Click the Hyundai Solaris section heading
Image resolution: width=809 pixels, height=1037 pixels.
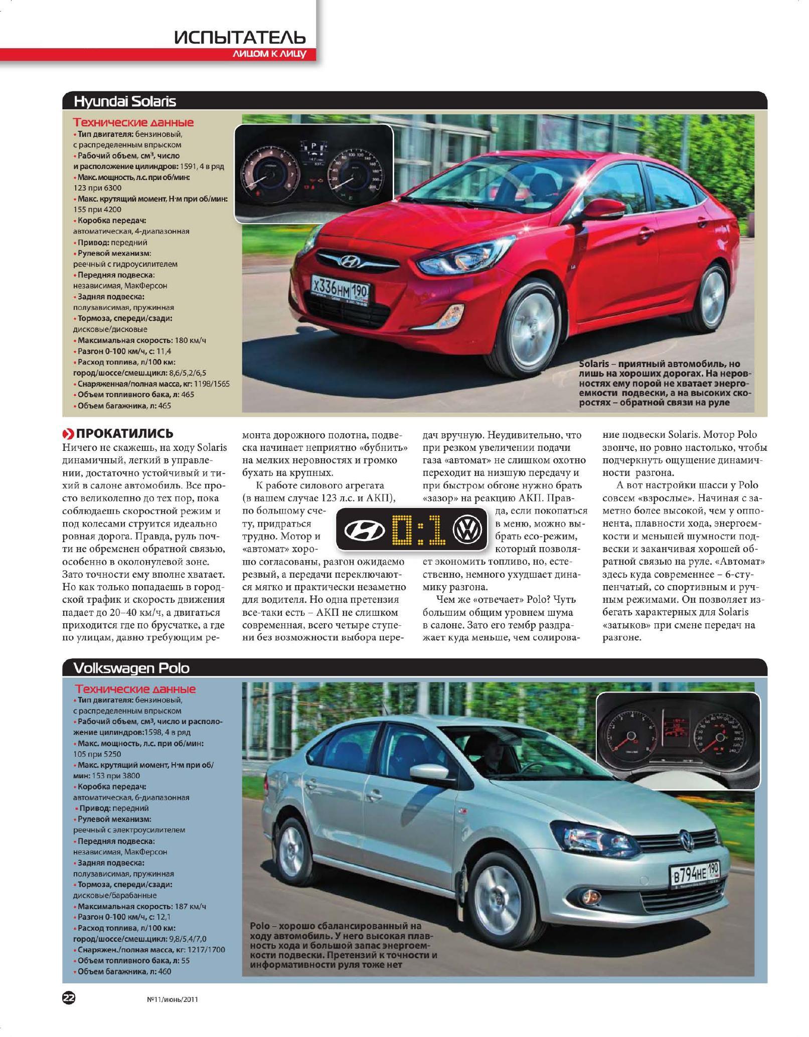(125, 101)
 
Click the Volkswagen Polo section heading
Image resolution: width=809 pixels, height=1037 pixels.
(131, 668)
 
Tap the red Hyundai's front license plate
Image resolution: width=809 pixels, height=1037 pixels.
(341, 288)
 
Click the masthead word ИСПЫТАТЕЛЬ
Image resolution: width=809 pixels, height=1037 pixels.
(240, 38)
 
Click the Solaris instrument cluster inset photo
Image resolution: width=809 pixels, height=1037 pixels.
(313, 173)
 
